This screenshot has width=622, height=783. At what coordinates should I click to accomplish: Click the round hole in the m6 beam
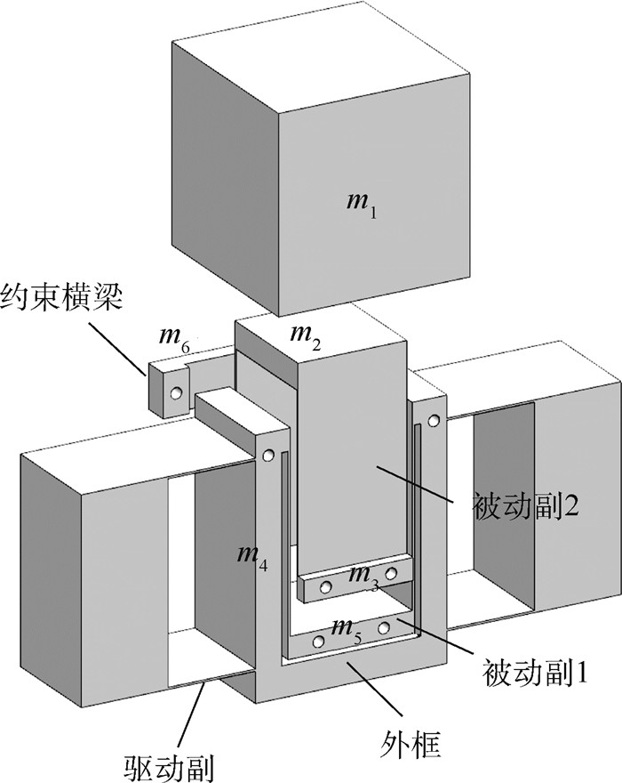click(x=177, y=392)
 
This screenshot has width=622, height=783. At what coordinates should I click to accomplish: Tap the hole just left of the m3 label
click(x=326, y=587)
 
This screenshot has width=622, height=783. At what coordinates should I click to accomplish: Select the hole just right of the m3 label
click(x=391, y=574)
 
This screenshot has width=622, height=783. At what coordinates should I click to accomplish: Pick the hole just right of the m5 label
click(x=383, y=628)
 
